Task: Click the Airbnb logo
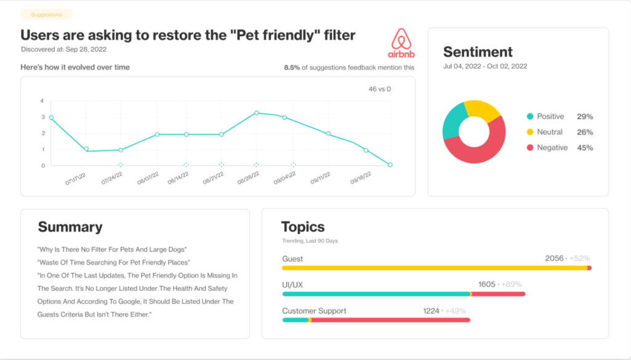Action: tap(401, 43)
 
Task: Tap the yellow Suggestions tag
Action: tap(46, 14)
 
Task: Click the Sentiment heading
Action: tap(478, 52)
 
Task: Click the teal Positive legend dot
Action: tap(529, 117)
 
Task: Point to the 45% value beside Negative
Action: tap(585, 148)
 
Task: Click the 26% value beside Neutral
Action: tap(585, 132)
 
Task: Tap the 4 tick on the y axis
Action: tap(42, 100)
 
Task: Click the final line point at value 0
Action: tap(390, 165)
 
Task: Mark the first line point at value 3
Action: tap(51, 117)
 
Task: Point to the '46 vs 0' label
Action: tap(380, 89)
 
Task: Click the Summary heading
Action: tap(70, 227)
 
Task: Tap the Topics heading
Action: tap(303, 227)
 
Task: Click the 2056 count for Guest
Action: tap(554, 258)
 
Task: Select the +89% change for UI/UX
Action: tap(511, 284)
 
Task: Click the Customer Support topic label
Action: tap(314, 311)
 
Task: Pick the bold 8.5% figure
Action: tap(291, 67)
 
